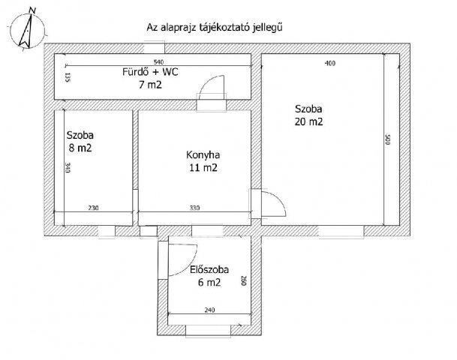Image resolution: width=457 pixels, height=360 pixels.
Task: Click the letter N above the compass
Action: pos(33,11)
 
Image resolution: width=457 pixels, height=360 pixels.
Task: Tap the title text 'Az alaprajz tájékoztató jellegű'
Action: pos(215,28)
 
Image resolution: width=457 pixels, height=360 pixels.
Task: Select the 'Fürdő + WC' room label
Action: pos(150,72)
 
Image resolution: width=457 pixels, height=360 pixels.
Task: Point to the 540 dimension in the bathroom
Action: pos(158,62)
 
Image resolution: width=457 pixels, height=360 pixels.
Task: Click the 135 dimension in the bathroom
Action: pos(68,77)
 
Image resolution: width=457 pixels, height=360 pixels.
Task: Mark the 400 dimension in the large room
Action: pos(330,63)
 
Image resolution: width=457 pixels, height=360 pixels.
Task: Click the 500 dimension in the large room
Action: pos(388,139)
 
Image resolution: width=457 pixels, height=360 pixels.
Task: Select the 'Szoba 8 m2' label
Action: pos(80,142)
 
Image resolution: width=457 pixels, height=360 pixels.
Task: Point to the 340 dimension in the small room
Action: pos(68,168)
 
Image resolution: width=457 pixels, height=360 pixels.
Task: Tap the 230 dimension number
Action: pos(93,208)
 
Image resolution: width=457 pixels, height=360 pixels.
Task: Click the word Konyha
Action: pos(203,155)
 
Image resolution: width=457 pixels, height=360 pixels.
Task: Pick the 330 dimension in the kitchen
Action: pos(194,208)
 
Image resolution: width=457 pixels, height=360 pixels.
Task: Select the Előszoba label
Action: pos(209,270)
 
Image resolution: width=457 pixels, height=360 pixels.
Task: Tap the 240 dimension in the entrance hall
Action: pos(209,310)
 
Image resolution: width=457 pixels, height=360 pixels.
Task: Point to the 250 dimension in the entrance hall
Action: pos(244,280)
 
